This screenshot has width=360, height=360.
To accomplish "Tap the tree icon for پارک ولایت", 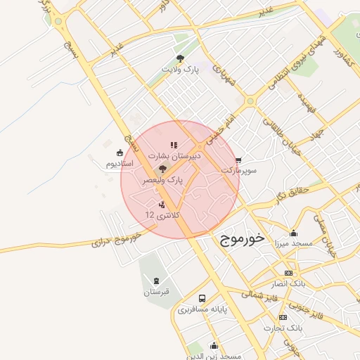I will [x=180, y=59].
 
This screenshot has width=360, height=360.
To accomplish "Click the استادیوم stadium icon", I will [x=120, y=153].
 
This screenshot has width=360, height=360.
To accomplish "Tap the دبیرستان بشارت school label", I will [x=174, y=157].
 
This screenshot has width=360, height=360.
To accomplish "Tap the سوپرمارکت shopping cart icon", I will [x=239, y=160].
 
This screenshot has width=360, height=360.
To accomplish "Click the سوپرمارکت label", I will [x=239, y=171].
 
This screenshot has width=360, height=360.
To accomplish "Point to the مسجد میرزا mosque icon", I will [x=293, y=233].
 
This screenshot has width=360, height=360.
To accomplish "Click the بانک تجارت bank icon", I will [x=287, y=318].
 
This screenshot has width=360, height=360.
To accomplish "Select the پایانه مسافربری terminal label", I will [x=202, y=309].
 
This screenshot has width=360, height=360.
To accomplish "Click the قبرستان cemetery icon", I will [x=155, y=281].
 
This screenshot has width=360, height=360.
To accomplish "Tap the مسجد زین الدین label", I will [x=214, y=356].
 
